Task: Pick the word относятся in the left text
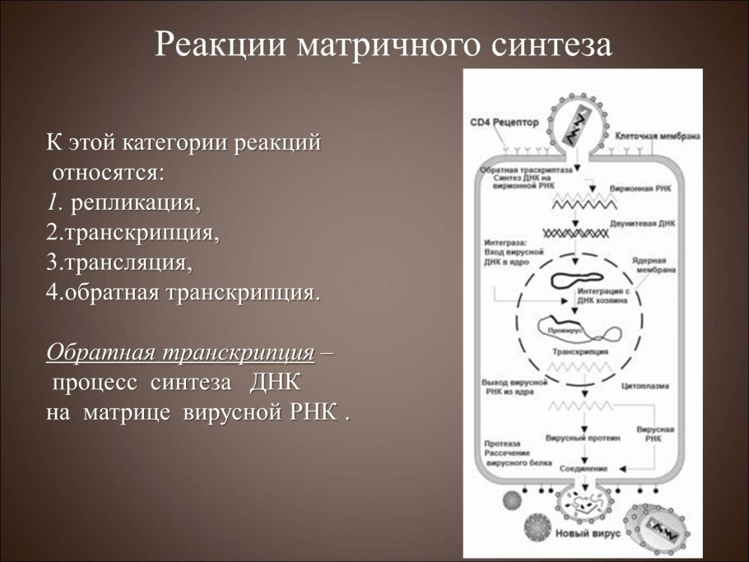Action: coord(108,173)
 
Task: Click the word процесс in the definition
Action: coord(95,383)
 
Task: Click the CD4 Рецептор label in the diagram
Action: coord(504,122)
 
